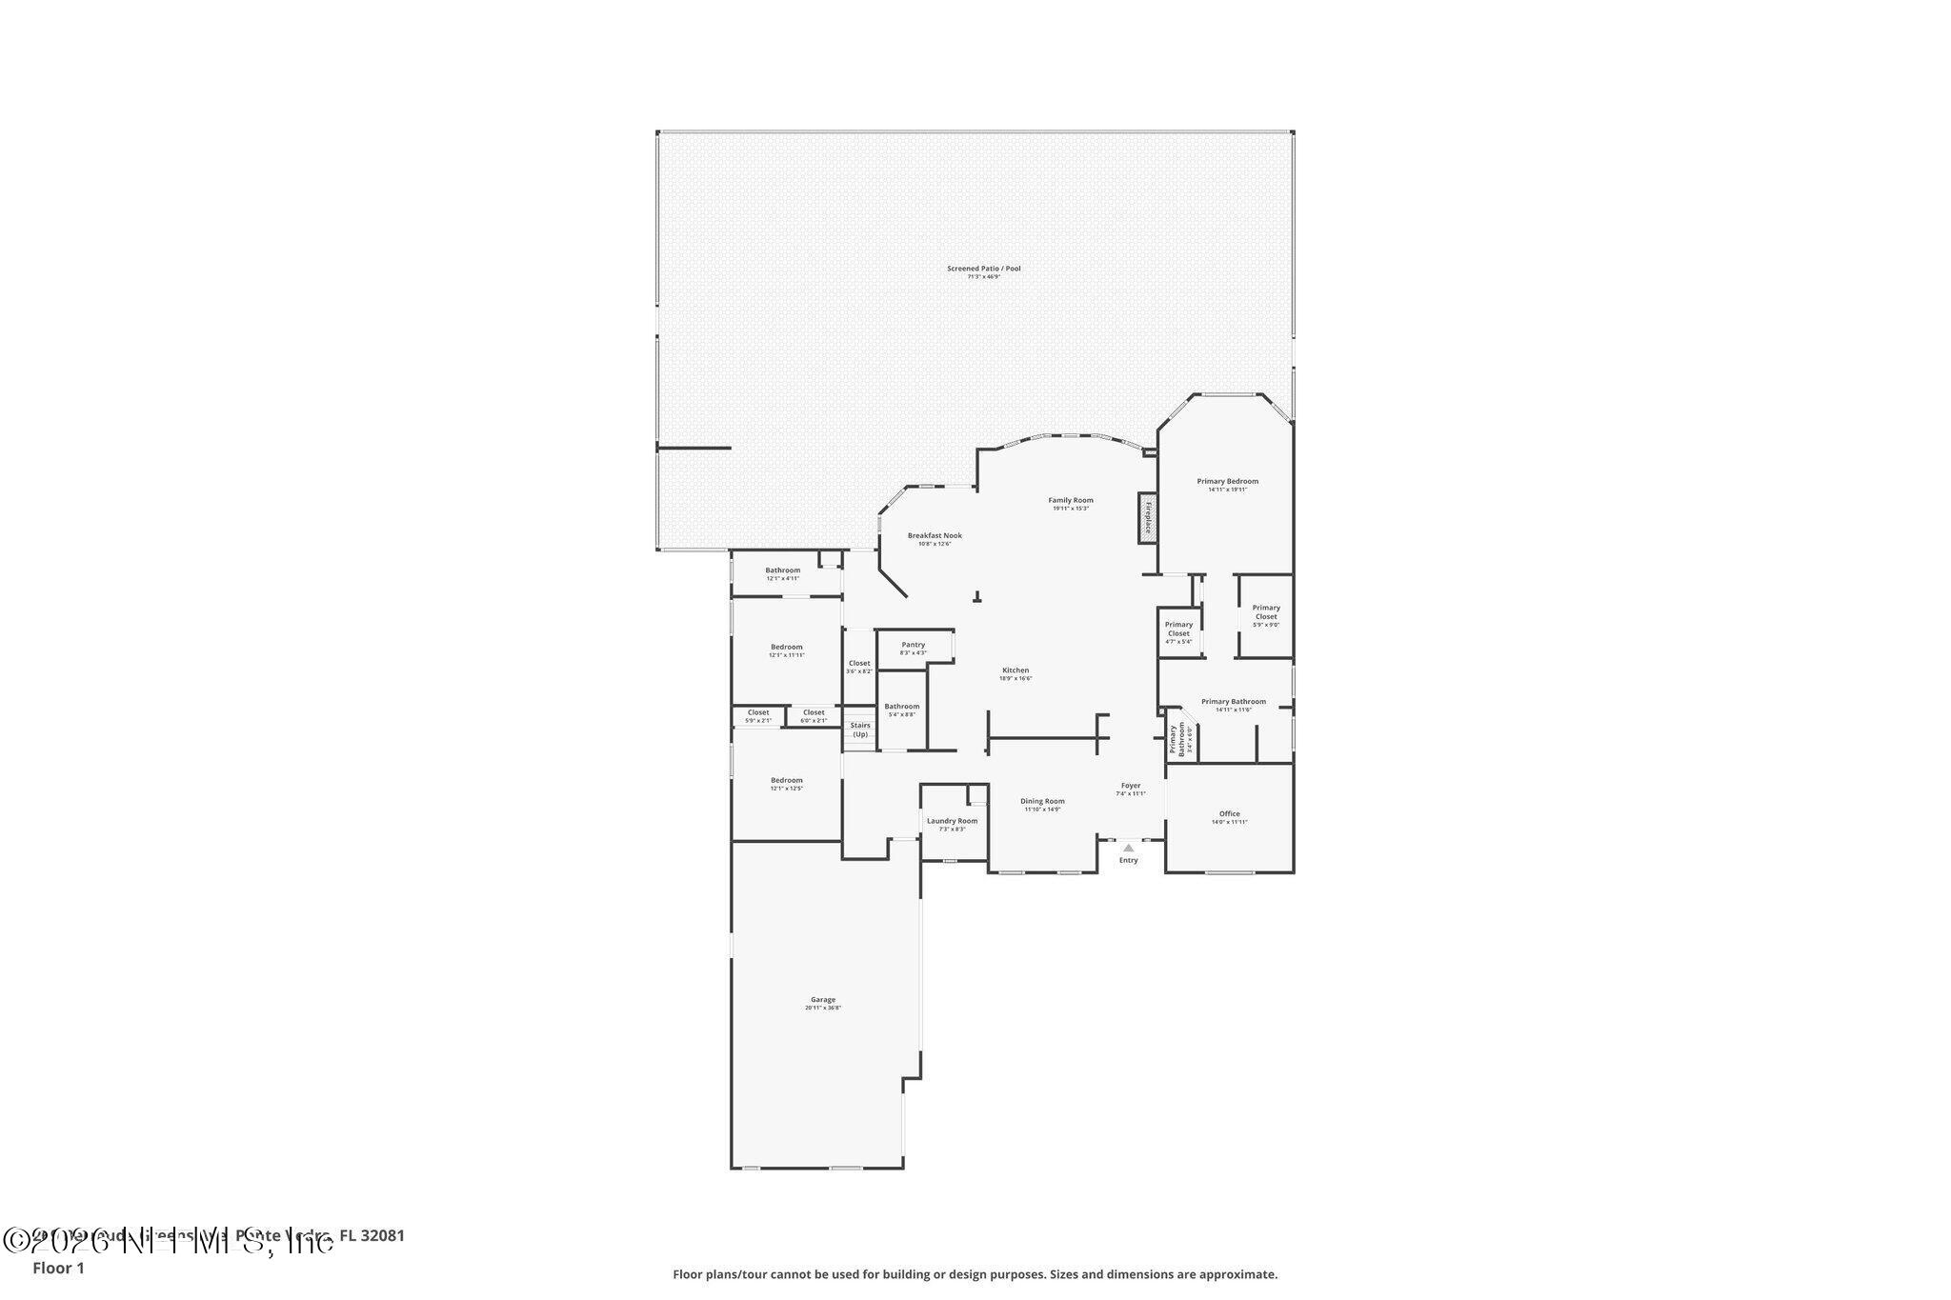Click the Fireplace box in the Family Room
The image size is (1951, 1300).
pos(1147,518)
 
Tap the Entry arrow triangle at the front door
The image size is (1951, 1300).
pos(1128,847)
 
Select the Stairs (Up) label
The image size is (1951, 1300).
pos(860,730)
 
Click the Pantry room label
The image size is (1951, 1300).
pos(913,645)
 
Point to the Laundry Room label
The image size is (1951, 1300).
pos(952,821)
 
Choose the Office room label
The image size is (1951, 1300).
pos(1229,813)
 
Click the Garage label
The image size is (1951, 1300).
pos(822,1000)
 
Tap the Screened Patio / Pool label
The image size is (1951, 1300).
pos(983,269)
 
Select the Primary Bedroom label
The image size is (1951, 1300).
pos(1227,481)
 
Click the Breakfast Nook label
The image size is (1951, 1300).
pos(934,535)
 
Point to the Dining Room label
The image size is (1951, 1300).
pos(1042,801)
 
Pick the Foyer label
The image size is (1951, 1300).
pos(1130,786)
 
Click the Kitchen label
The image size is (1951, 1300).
pos(1015,670)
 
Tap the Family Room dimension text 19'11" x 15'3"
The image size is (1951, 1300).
pos(1071,509)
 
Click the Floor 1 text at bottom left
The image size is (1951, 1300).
pos(58,1268)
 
